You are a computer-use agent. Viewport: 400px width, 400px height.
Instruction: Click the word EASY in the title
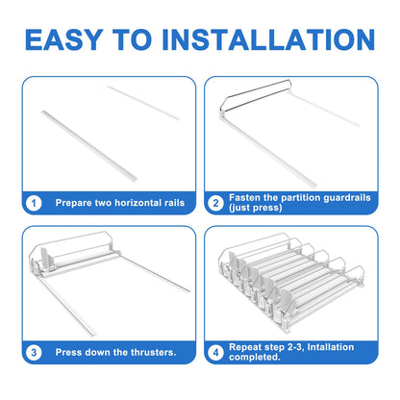[x=64, y=39]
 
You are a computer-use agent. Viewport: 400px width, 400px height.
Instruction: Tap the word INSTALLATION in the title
[x=268, y=39]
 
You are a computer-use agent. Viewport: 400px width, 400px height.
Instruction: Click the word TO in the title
[x=133, y=39]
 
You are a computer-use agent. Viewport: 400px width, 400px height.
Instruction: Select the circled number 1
[x=34, y=203]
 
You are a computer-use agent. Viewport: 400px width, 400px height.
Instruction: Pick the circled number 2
[x=215, y=203]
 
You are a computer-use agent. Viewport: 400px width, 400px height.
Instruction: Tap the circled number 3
[x=34, y=353]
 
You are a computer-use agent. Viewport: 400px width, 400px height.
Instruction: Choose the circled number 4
[x=215, y=353]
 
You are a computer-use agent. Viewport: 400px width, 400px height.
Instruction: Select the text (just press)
[x=256, y=208]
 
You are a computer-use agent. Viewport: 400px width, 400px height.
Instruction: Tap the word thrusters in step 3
[x=154, y=353]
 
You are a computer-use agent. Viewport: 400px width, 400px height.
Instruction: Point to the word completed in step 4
[x=255, y=357]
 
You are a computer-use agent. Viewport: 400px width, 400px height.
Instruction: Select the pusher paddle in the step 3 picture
[x=45, y=259]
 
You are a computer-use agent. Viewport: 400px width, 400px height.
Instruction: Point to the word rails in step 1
[x=175, y=203]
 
